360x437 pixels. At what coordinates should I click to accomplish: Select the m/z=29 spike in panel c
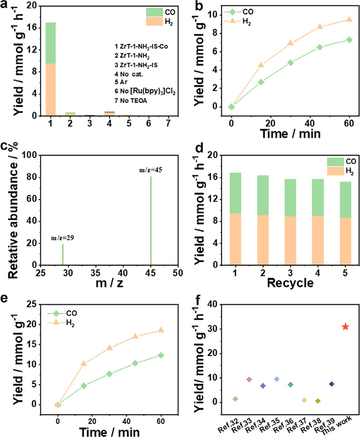pyautogui.click(x=63, y=252)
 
